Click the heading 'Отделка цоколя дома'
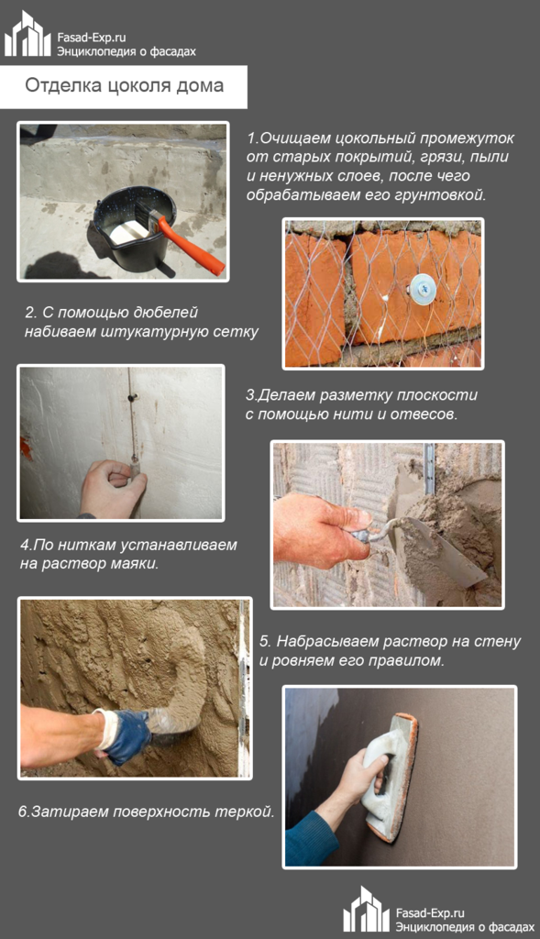124,85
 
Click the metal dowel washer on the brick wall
424,287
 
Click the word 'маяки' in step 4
137,563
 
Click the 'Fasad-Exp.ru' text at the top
93,36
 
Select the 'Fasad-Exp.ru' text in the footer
430,912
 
